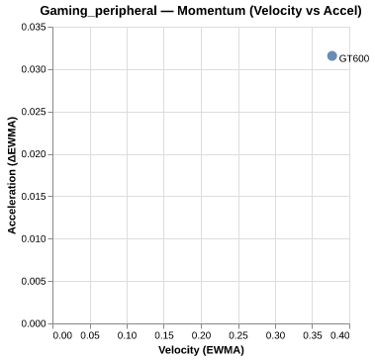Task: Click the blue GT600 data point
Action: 331,56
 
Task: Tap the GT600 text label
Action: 354,59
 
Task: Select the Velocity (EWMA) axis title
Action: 200,350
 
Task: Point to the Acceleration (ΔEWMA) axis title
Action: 12,176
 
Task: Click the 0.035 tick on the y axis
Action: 33,28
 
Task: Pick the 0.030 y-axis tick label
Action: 33,70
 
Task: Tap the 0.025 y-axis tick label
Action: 33,112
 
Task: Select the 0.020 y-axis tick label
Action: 33,154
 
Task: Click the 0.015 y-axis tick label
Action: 33,197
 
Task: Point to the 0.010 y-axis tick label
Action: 33,239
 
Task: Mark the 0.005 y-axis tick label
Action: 33,281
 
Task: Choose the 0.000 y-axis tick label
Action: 33,323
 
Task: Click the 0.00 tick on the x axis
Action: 61,335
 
